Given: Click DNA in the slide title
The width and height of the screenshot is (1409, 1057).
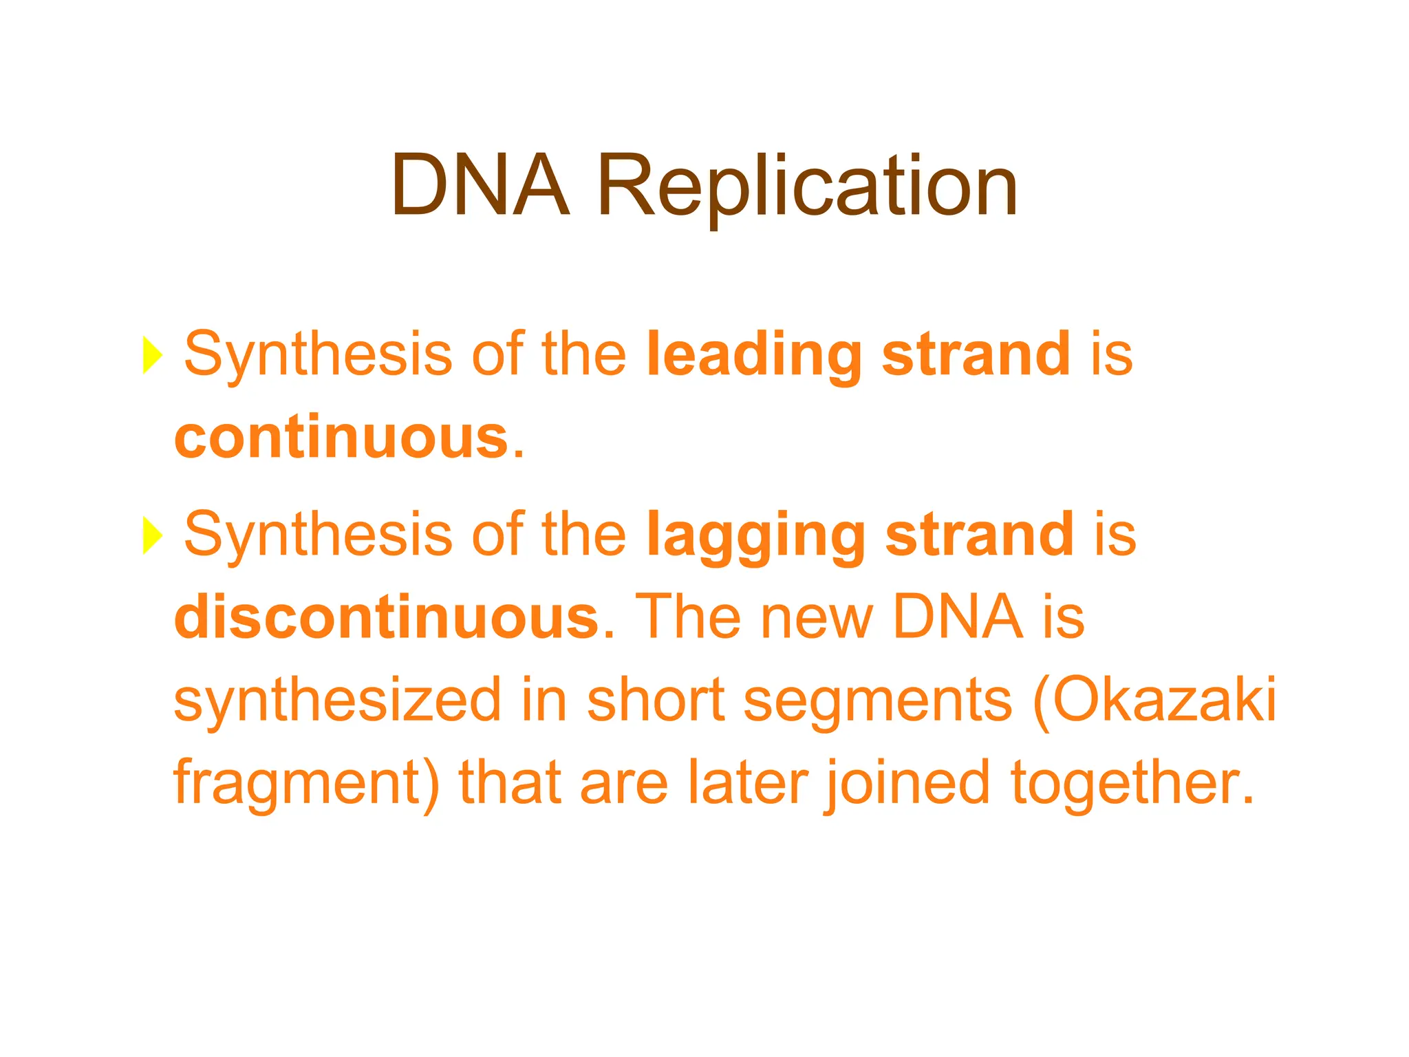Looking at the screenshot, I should click(480, 186).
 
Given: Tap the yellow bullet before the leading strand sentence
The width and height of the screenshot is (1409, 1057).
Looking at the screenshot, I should click(152, 355).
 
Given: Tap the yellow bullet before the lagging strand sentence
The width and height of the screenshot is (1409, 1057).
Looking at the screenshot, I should click(152, 535).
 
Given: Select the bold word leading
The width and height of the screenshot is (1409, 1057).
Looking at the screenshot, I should click(754, 355).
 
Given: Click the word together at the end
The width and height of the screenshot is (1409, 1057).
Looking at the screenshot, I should click(1132, 783).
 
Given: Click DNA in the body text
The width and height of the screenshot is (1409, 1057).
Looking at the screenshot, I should click(956, 617).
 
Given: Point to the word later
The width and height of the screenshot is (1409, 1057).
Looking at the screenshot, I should click(747, 783).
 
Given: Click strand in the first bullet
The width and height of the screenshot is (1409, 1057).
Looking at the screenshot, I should click(976, 355).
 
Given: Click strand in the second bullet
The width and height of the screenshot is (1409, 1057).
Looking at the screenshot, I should click(979, 535).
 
